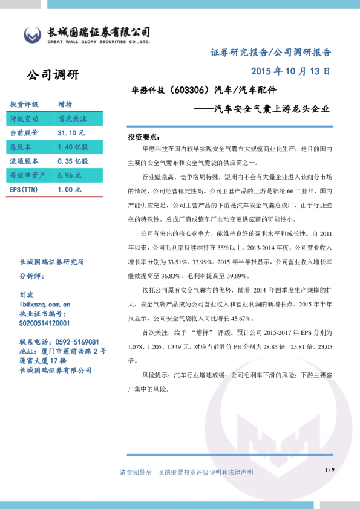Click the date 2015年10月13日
tap(290, 71)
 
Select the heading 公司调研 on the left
tap(53, 75)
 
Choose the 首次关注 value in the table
tap(72, 118)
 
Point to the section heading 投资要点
tap(143, 137)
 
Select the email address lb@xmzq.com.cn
tap(45, 304)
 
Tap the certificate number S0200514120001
tap(48, 323)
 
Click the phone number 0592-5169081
tap(76, 342)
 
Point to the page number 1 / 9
tap(329, 470)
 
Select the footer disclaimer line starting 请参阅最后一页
tap(186, 472)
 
